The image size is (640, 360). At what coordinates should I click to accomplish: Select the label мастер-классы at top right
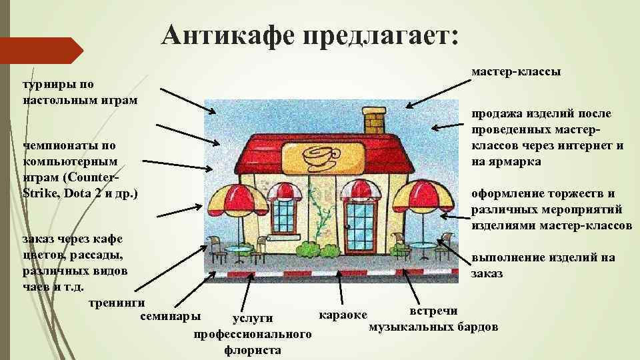[x=516, y=71]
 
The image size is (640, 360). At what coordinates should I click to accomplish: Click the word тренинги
[x=117, y=301]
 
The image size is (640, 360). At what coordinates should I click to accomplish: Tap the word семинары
[x=169, y=315]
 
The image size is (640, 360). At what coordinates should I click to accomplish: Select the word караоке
[x=343, y=314]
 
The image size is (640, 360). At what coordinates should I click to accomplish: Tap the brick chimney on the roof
[x=373, y=120]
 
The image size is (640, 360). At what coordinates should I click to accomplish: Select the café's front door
[x=359, y=227]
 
